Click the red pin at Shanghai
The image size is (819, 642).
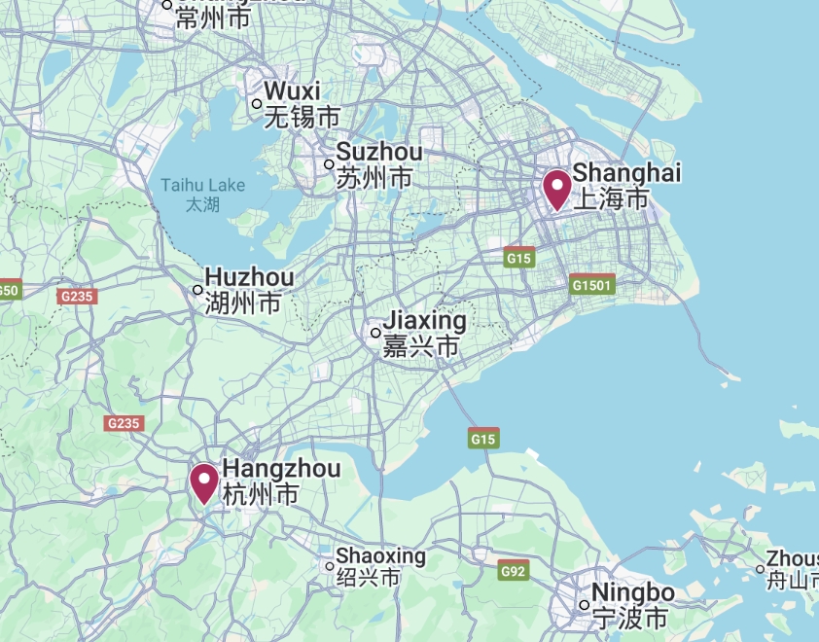[x=556, y=188]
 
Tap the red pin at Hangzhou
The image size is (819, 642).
[x=204, y=481]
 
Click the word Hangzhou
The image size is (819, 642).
[x=282, y=469]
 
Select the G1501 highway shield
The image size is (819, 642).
[x=591, y=285]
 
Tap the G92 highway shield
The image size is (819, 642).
[x=513, y=571]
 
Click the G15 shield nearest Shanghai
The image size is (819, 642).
[x=519, y=258]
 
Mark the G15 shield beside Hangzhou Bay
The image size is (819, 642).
[x=483, y=439]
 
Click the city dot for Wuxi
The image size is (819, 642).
[x=257, y=104]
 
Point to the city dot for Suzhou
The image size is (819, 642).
[x=329, y=164]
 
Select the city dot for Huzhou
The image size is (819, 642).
[x=197, y=290]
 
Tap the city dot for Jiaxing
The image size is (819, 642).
[x=375, y=333]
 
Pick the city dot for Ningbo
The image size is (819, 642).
[x=584, y=605]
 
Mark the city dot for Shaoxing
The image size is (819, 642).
[x=329, y=566]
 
